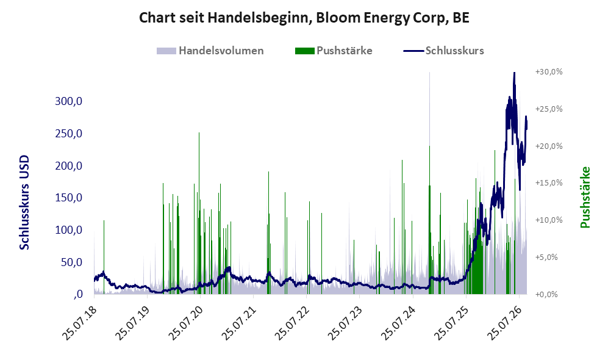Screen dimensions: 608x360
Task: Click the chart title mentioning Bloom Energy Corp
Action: coord(304,18)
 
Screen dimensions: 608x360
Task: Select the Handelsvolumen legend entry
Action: coord(210,51)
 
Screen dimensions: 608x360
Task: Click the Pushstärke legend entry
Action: coord(334,51)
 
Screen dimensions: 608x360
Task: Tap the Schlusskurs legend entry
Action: coord(443,51)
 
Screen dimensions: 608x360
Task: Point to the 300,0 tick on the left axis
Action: coord(69,101)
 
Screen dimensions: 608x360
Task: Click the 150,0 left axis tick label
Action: coord(69,198)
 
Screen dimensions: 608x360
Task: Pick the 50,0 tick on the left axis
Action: coord(71,262)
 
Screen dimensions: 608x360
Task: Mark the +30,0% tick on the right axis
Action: coord(549,72)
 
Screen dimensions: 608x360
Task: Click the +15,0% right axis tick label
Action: coord(549,182)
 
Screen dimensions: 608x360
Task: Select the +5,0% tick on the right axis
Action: coord(546,257)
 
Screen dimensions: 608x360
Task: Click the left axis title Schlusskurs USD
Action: coord(24,203)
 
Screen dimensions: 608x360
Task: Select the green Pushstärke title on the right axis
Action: coord(585,197)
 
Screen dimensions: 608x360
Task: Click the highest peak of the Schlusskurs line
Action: coord(514,73)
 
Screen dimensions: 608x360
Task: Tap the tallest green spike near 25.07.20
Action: coord(199,132)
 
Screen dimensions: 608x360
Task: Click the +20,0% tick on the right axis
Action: coord(549,146)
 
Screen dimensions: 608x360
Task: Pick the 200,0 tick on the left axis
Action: coord(69,165)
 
